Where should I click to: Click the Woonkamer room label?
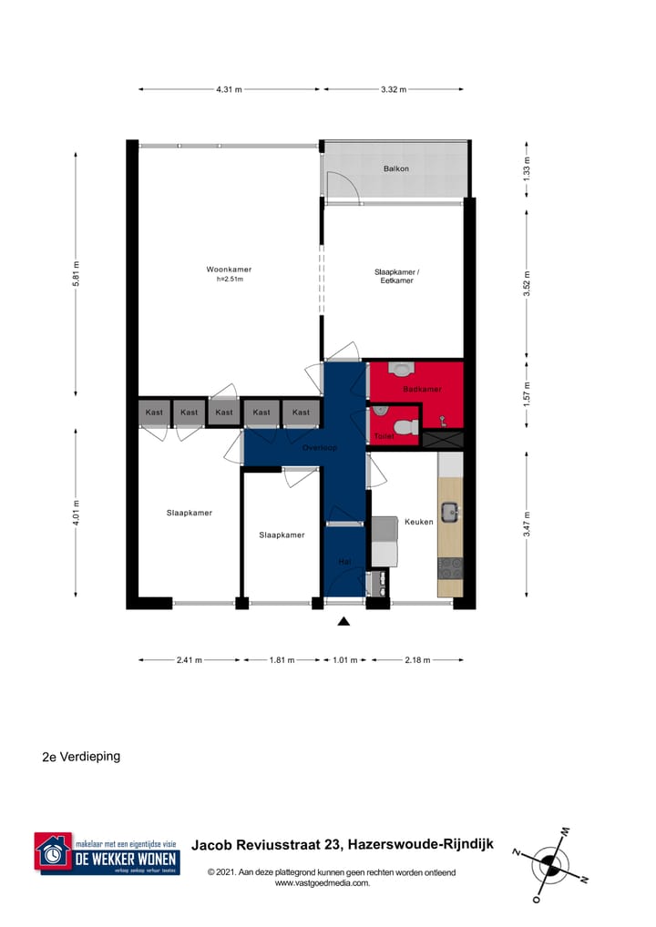click(x=229, y=270)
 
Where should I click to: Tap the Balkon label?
click(x=395, y=168)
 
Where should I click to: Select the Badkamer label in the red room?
click(x=422, y=390)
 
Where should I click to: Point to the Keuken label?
click(x=418, y=522)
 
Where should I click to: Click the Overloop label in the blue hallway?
click(x=321, y=448)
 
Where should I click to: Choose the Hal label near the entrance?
click(x=344, y=562)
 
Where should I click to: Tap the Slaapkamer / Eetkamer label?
click(x=396, y=276)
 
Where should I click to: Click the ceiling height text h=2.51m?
click(x=229, y=280)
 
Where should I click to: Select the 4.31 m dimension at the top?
click(x=229, y=89)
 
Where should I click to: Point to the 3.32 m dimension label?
click(x=394, y=89)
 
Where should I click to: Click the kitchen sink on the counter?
click(x=450, y=512)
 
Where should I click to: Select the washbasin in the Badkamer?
click(x=401, y=369)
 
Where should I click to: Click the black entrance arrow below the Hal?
click(x=343, y=622)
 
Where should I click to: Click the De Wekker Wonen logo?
click(x=107, y=853)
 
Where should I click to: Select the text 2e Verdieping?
click(x=81, y=756)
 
